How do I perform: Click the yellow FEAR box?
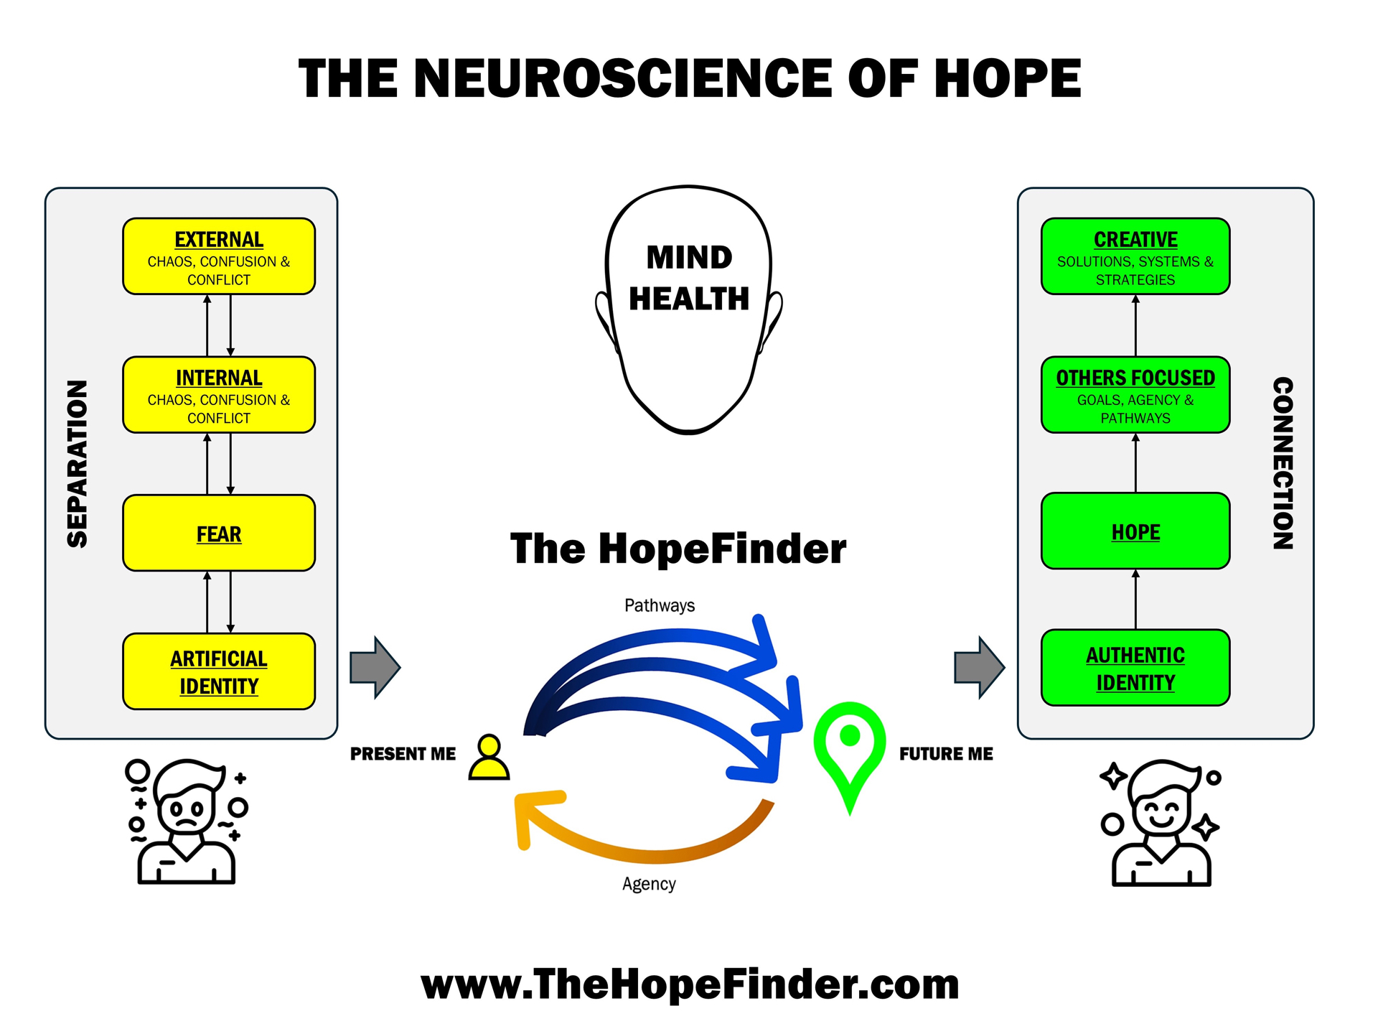(219, 534)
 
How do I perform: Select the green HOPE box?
(1135, 531)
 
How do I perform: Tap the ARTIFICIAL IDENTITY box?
(219, 671)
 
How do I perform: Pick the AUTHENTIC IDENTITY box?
(1135, 668)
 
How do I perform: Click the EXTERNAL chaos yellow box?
(219, 256)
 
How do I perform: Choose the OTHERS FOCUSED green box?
(1135, 395)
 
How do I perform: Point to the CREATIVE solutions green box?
(1135, 256)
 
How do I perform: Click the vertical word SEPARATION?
(77, 464)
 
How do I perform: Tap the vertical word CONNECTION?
(1283, 464)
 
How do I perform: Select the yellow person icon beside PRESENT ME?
(489, 758)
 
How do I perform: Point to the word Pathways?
(659, 605)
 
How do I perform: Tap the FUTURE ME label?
(946, 754)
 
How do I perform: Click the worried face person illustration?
(187, 822)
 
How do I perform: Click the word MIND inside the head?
(689, 257)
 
